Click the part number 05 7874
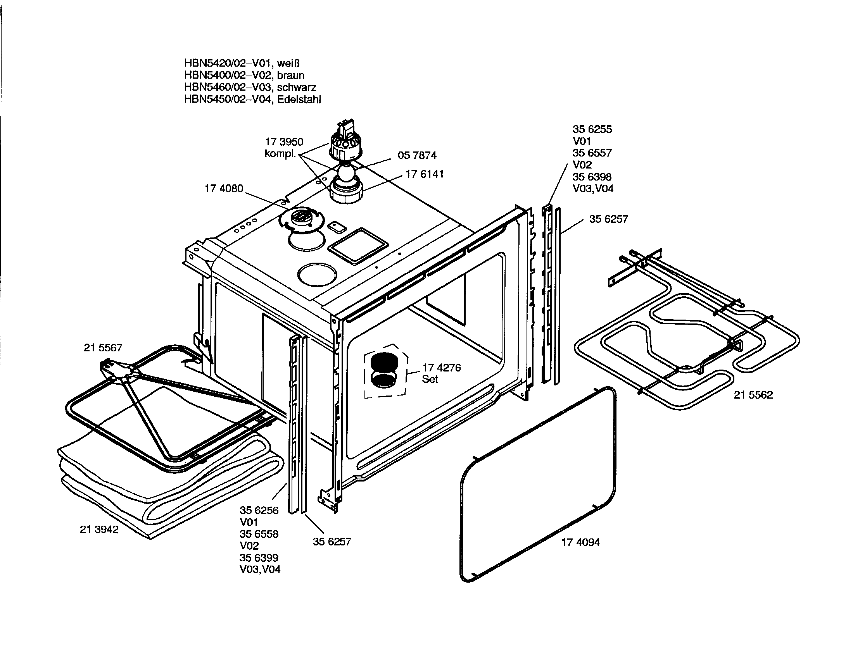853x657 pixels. click(417, 155)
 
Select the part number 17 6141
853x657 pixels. click(424, 174)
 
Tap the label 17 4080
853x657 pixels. click(224, 189)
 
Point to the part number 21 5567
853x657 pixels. click(103, 347)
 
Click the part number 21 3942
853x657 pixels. click(99, 530)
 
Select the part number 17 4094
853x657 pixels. click(580, 542)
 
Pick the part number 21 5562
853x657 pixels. click(753, 395)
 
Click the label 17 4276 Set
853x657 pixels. click(441, 373)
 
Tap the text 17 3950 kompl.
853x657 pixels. click(283, 148)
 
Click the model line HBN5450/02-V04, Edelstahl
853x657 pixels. click(252, 100)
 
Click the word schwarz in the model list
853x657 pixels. click(296, 88)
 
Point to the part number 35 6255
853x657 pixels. click(592, 129)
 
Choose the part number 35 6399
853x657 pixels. click(259, 557)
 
